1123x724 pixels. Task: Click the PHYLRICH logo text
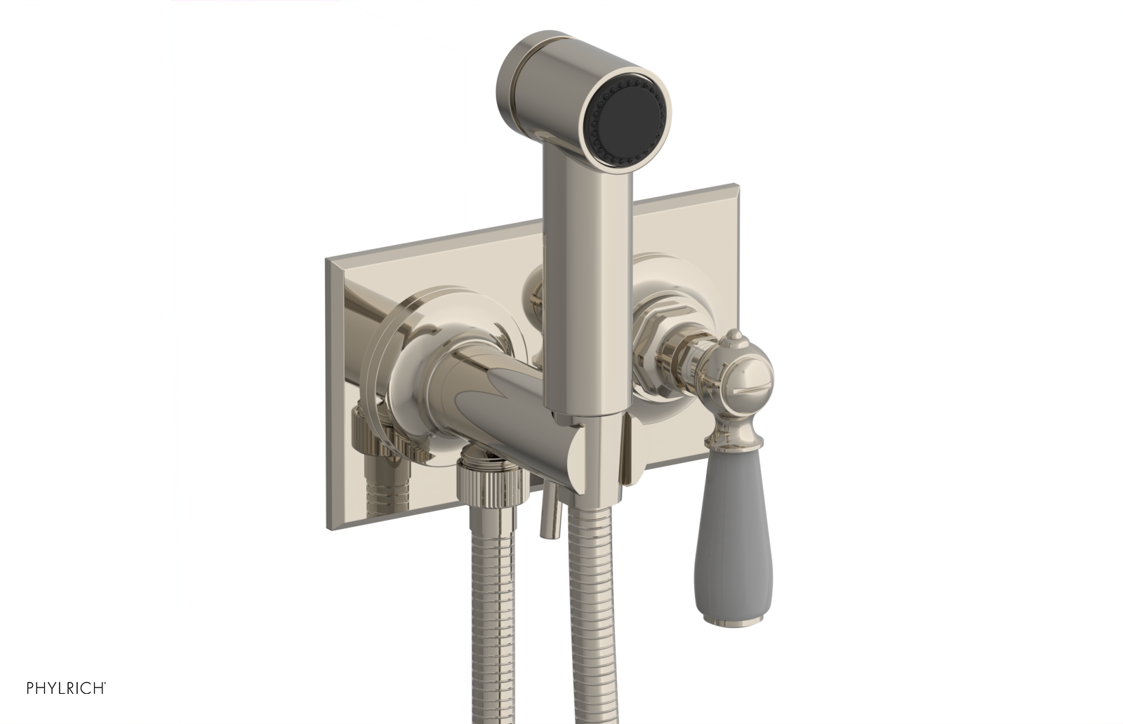(66, 688)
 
